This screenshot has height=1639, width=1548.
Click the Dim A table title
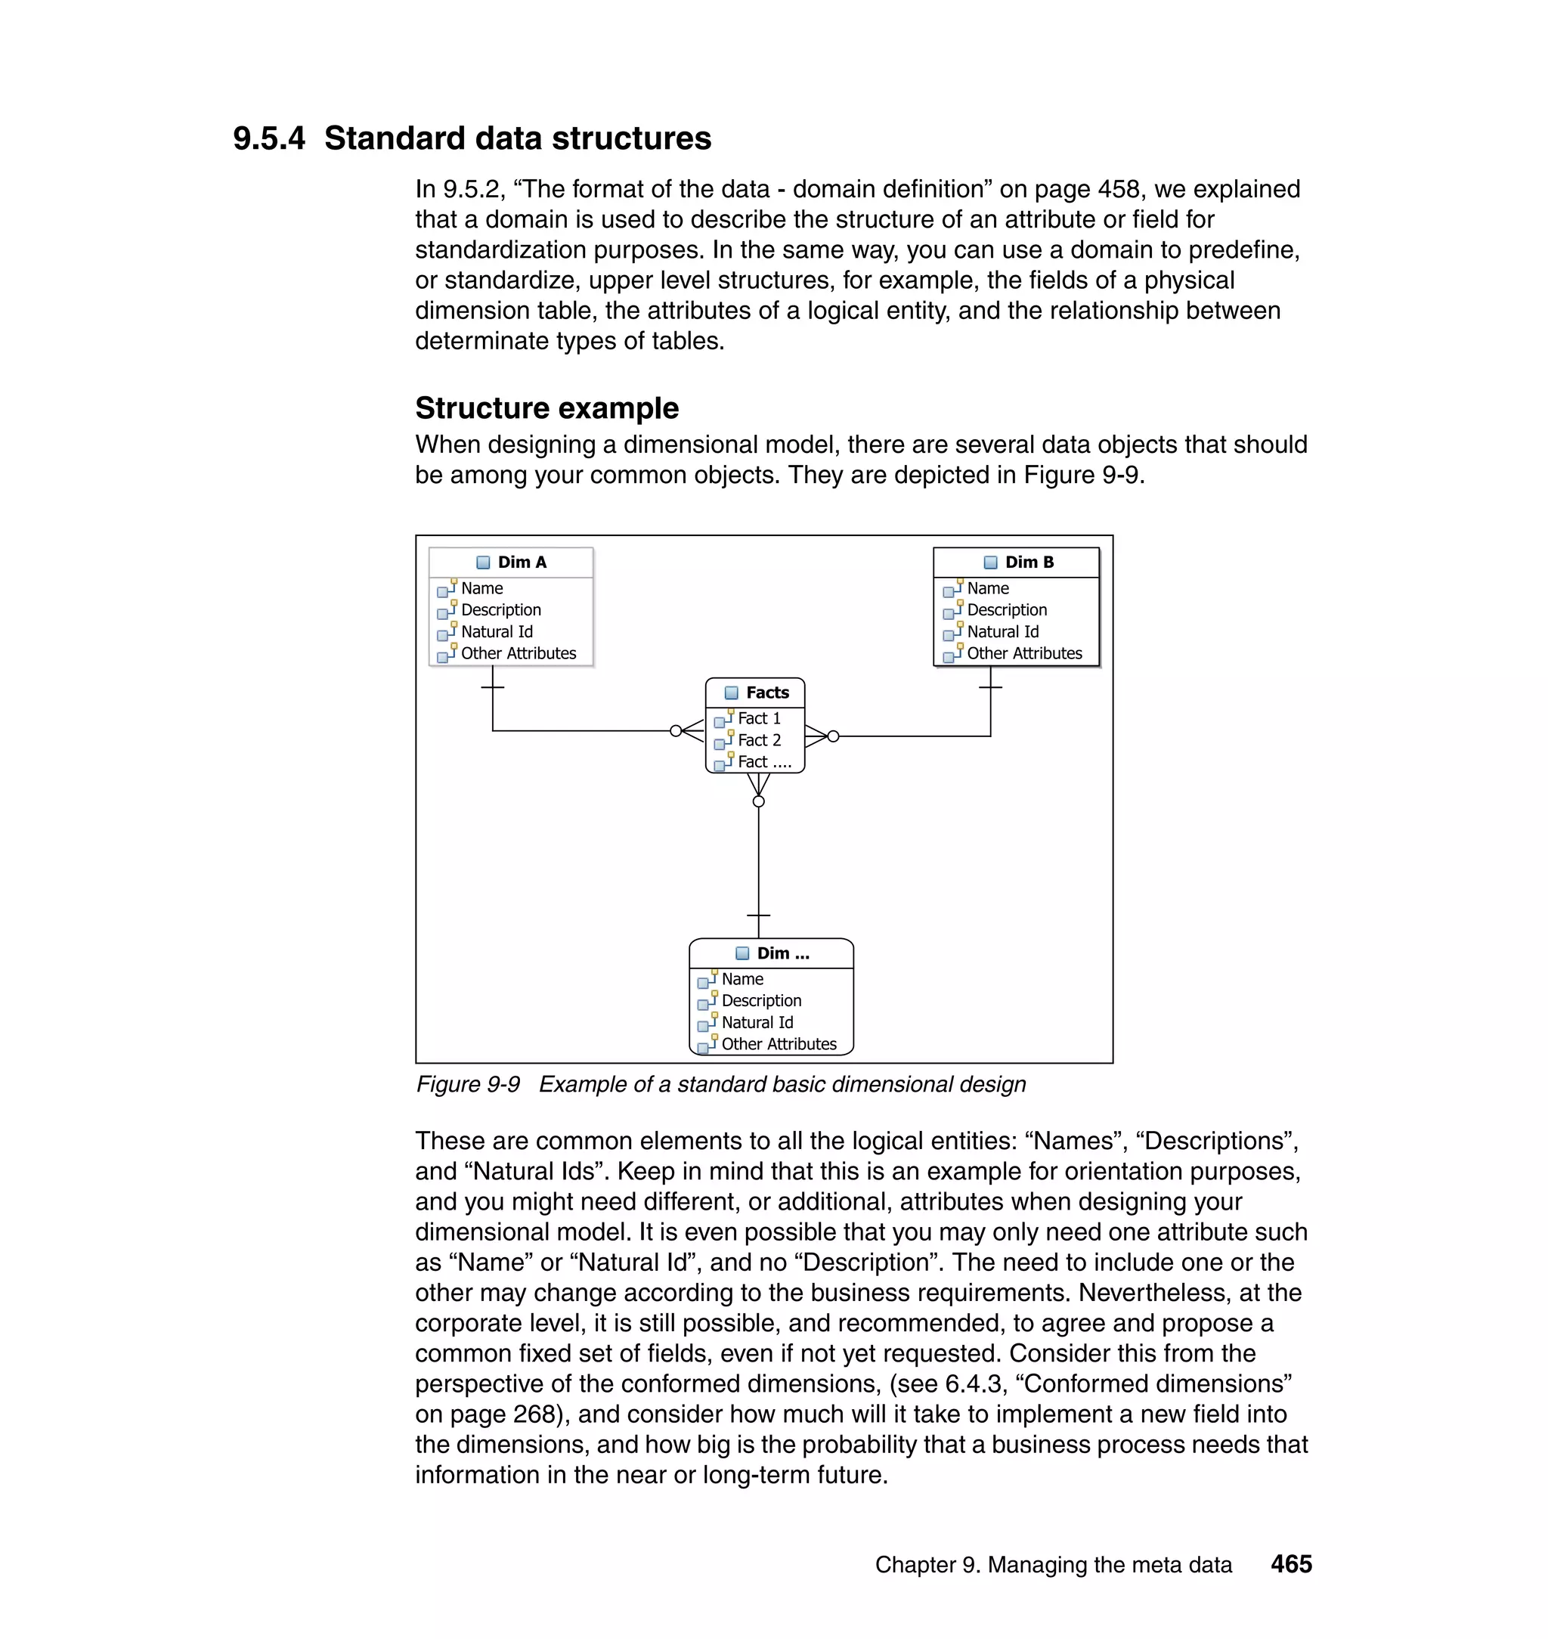(522, 562)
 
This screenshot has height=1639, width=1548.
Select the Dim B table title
(1029, 562)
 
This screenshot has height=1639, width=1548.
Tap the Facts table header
(766, 692)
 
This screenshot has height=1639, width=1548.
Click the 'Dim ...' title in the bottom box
(782, 953)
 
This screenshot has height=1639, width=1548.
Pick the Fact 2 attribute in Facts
(758, 739)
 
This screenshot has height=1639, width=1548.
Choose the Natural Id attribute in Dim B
(1002, 631)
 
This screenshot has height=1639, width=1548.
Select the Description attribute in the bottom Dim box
(761, 1000)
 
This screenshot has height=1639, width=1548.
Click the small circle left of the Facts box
(676, 730)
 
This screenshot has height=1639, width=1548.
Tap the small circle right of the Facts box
(834, 736)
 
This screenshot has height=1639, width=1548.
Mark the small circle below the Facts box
(758, 801)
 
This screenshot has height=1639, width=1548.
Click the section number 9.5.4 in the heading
(268, 138)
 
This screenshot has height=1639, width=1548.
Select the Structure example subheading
(546, 407)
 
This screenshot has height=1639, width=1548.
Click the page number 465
(1290, 1564)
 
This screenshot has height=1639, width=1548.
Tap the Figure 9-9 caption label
(468, 1083)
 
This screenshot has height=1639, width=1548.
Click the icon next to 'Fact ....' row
(723, 762)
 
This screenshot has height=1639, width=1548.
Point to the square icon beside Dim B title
(990, 562)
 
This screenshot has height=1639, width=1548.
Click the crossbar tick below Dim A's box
(493, 686)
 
